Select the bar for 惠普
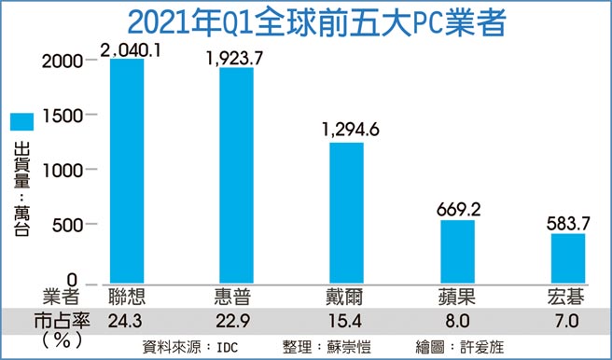point(236,176)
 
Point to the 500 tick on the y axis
point(70,225)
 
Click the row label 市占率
point(47,320)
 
